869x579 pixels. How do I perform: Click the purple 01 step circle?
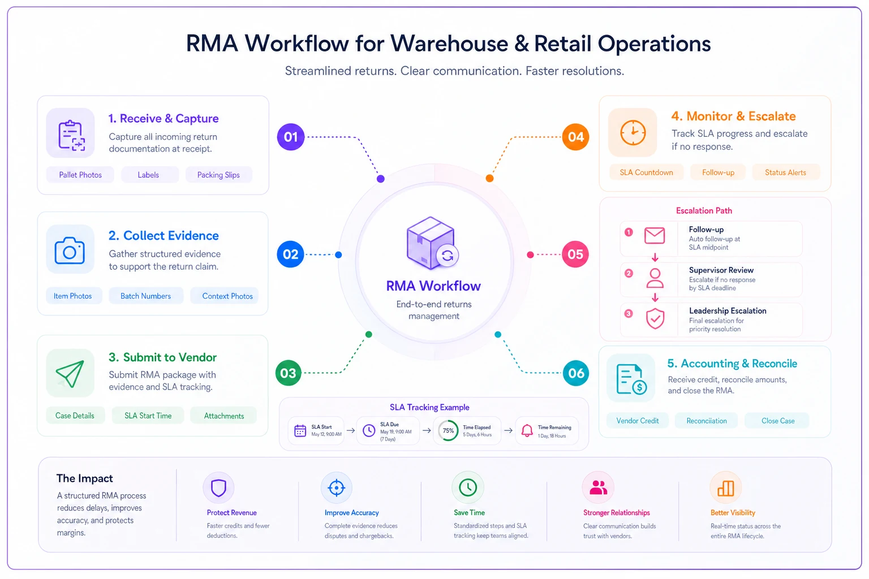point(291,137)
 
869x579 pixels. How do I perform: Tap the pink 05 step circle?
point(575,254)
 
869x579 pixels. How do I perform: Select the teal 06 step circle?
point(576,373)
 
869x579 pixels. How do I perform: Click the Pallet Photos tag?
point(80,175)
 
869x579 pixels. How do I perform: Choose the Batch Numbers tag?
point(145,296)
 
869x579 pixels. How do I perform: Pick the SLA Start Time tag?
point(148,416)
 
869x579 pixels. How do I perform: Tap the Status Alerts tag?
point(786,172)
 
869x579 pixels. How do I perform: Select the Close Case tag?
point(778,421)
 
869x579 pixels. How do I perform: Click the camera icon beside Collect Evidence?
point(70,251)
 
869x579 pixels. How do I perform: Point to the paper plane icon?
point(70,373)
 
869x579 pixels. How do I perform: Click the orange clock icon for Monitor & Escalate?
point(633,133)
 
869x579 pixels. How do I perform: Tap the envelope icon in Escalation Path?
point(655,235)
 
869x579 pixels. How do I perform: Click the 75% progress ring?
point(448,430)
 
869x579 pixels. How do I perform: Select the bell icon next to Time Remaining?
point(527,430)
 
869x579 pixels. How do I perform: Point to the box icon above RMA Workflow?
point(432,243)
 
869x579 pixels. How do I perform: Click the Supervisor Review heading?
point(721,270)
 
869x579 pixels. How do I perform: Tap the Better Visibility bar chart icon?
point(725,489)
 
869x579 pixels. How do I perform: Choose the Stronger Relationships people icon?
point(598,487)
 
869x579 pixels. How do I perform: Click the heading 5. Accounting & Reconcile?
point(732,364)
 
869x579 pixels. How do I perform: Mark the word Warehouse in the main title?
point(449,43)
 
